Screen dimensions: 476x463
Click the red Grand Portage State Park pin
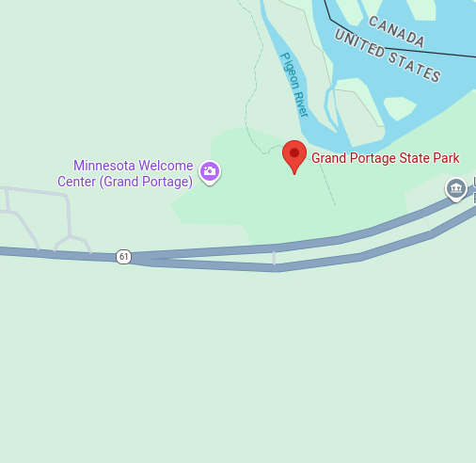294,155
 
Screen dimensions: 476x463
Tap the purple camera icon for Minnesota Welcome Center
211,171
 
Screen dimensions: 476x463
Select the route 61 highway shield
123,256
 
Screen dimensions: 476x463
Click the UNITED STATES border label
388,56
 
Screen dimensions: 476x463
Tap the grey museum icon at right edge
456,189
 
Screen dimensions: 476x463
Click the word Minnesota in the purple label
106,166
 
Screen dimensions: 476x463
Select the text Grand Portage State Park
386,158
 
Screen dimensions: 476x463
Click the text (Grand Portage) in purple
145,181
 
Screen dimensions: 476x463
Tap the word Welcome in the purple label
168,166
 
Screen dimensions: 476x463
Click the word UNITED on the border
357,43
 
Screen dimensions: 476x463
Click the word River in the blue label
301,101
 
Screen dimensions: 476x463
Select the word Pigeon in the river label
289,71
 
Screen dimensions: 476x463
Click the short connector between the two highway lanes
275,257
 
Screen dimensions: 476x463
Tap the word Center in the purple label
77,181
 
